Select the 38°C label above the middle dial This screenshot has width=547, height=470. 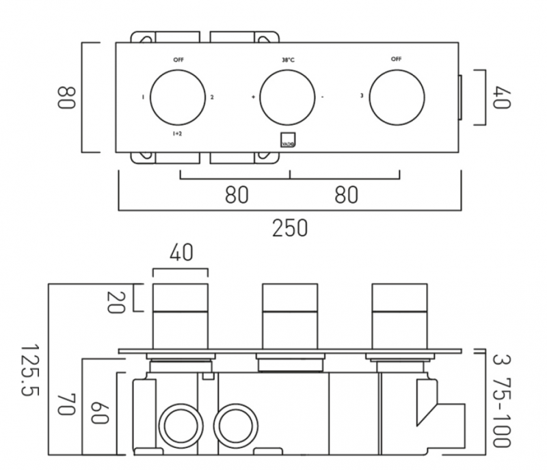(x=287, y=60)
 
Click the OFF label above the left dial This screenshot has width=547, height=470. (x=178, y=60)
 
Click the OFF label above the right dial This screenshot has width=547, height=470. (x=396, y=59)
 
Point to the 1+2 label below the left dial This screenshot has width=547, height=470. (x=177, y=134)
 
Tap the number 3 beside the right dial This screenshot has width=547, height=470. (x=361, y=97)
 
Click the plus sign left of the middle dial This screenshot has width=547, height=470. (x=253, y=98)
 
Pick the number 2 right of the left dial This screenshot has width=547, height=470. (x=212, y=98)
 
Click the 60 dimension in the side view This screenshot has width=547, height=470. (x=100, y=414)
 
